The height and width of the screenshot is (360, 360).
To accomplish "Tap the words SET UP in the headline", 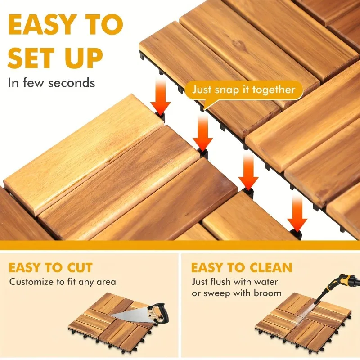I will click(55, 58).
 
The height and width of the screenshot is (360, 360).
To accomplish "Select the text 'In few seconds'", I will click(51, 83).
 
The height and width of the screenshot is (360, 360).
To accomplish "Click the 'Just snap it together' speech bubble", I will click(244, 89).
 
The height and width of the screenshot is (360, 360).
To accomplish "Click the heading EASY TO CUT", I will click(50, 267).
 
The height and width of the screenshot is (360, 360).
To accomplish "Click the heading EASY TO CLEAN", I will click(242, 267).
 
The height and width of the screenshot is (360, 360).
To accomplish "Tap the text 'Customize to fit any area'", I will click(63, 282).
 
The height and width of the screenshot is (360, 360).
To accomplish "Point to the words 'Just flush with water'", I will click(235, 282).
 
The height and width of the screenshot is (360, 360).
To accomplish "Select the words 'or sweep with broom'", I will click(236, 293).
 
